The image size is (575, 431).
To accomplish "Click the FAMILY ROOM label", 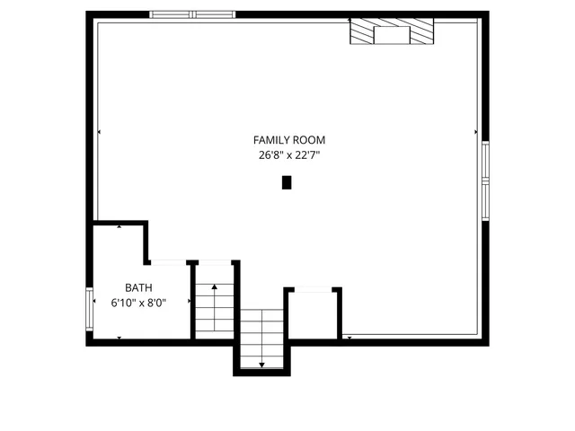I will pyautogui.click(x=288, y=140).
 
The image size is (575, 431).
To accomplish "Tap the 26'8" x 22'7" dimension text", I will pyautogui.click(x=288, y=155).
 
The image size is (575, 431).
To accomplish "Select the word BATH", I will pyautogui.click(x=138, y=287).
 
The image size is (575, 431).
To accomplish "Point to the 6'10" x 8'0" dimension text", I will pyautogui.click(x=138, y=303).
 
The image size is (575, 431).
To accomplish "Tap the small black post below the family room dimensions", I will pyautogui.click(x=287, y=182).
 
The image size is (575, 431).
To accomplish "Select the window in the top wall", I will pyautogui.click(x=192, y=14).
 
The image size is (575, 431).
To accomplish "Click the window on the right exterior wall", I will pyautogui.click(x=485, y=180).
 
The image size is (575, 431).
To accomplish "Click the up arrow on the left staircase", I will pyautogui.click(x=214, y=286).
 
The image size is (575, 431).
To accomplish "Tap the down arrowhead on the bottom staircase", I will pyautogui.click(x=261, y=365).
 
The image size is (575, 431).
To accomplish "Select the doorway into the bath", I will pyautogui.click(x=168, y=262).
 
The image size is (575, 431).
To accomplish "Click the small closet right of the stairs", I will pyautogui.click(x=313, y=314).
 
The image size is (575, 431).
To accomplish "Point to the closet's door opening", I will pyautogui.click(x=313, y=289).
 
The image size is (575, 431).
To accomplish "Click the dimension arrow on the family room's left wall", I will pyautogui.click(x=100, y=132).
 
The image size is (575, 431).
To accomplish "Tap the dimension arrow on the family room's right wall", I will pyautogui.click(x=475, y=132).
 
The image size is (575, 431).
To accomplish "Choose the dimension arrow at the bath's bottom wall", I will pyautogui.click(x=120, y=337).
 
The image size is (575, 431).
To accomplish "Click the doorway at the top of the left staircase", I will pyautogui.click(x=214, y=262).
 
